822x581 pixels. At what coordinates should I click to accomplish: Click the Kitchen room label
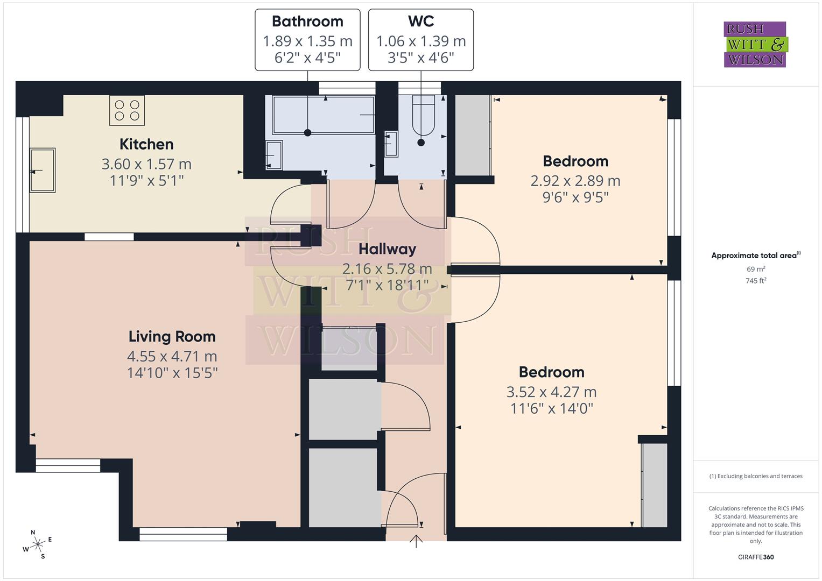point(146,144)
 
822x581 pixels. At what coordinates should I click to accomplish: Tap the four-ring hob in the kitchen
point(127,110)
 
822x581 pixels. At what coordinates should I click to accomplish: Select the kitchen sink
point(42,170)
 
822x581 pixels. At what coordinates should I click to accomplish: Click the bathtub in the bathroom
point(323,115)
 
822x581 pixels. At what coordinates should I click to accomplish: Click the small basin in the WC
point(391,144)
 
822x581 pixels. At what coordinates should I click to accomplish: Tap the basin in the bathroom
point(274,155)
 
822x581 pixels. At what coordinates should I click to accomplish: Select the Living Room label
point(172,337)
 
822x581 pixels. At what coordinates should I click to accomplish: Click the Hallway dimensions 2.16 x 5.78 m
point(387,268)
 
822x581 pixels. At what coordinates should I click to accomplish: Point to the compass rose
point(37,544)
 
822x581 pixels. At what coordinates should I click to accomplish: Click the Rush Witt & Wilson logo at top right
point(755,45)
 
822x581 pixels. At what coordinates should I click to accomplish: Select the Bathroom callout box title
point(307,22)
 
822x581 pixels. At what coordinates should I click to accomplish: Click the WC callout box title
point(421,22)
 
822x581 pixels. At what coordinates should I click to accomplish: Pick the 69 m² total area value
point(756,269)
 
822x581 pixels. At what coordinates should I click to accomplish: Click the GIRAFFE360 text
point(755,557)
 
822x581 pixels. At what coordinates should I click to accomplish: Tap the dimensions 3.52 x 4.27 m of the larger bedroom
point(551,392)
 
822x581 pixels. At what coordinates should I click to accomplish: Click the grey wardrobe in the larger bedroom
point(655,485)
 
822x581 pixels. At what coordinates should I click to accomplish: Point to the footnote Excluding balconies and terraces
point(756,476)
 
